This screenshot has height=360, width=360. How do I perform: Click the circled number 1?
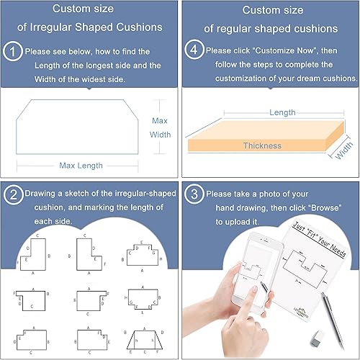tap(13, 52)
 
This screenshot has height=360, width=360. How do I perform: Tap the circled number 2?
tap(13, 194)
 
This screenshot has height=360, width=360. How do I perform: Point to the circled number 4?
tap(193, 52)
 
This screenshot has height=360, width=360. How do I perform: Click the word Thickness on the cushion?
tap(262, 145)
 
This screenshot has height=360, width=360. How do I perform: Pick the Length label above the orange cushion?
tap(282, 112)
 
